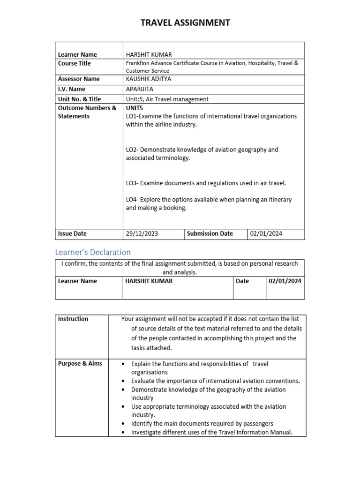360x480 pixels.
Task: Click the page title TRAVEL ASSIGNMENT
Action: point(185,22)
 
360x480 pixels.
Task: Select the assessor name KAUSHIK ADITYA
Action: point(149,79)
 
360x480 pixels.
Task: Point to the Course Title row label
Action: point(75,64)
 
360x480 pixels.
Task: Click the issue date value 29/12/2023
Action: point(142,234)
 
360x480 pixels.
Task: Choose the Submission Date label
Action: point(210,234)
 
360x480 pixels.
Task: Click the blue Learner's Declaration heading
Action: point(93,252)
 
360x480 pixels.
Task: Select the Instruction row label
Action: point(73,319)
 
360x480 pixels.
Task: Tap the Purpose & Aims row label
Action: point(80,364)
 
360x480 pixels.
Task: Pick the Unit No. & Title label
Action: point(79,99)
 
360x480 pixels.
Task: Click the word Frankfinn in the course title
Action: point(138,63)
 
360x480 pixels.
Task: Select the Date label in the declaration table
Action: point(242,281)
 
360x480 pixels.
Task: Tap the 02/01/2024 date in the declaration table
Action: point(285,281)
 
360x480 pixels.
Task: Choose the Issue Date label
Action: point(72,234)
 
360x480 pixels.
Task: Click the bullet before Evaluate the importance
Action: point(123,382)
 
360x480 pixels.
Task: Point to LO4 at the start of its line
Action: point(132,200)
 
